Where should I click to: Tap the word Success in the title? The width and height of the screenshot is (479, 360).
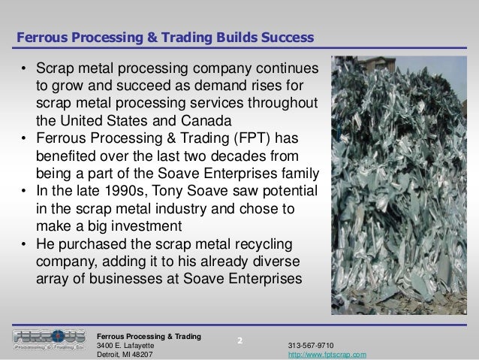(288, 37)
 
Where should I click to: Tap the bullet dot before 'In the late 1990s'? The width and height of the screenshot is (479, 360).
(24, 192)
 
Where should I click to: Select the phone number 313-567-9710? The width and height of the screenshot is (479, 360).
(311, 344)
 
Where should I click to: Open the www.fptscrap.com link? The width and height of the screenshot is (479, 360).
(327, 354)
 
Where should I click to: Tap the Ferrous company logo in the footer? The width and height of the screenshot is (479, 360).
(48, 339)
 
